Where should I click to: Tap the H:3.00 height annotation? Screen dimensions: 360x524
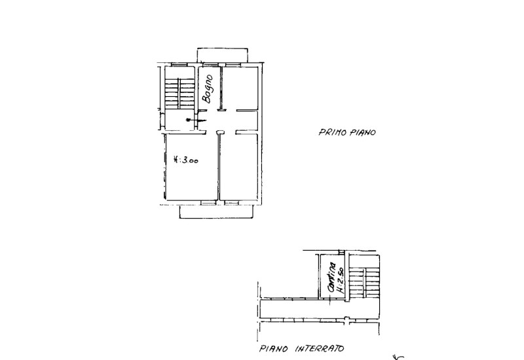186,160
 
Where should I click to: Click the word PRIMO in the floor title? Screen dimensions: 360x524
331,132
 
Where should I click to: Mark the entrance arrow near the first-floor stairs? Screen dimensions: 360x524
190,120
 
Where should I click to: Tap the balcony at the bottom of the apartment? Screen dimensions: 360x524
216,211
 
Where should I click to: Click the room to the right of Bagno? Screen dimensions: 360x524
242,88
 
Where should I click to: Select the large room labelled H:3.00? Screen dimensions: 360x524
191,167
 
